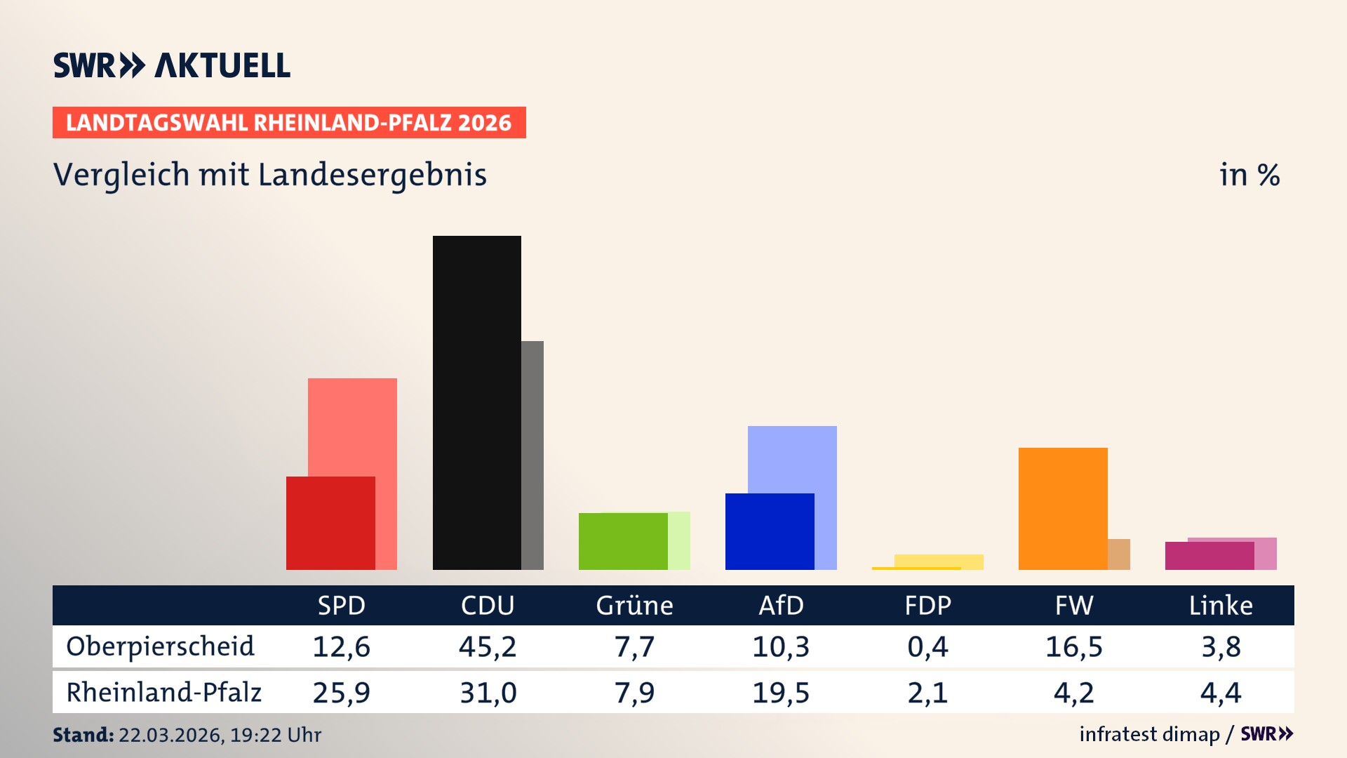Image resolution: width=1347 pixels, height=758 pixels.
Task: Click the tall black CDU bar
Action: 476,402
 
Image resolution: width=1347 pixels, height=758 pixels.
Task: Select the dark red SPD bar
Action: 330,523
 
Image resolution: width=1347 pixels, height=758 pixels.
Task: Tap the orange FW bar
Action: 1063,508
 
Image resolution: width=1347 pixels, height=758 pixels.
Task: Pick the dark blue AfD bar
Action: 770,531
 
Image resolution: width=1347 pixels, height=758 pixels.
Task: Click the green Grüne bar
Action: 623,541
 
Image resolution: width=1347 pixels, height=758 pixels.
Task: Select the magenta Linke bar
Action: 1209,555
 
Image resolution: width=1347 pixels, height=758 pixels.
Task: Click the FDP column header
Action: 927,606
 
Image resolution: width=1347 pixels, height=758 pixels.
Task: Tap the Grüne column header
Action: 634,606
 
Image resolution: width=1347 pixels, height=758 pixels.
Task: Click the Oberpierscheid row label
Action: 160,646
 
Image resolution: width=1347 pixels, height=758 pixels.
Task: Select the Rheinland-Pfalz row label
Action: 163,693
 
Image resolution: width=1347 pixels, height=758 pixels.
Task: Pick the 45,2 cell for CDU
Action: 488,646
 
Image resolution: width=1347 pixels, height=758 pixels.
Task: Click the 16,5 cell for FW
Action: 1073,646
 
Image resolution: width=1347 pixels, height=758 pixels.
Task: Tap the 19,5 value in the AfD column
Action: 780,693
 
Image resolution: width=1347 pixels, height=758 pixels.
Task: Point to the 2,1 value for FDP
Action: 927,693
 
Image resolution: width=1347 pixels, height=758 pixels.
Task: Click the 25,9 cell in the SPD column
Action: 341,693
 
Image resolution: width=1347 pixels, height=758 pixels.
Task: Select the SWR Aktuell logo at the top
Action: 172,65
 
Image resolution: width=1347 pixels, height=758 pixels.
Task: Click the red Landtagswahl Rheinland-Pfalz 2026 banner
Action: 288,123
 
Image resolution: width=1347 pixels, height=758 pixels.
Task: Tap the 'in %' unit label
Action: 1249,175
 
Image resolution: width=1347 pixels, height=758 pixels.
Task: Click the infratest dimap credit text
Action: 1149,734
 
